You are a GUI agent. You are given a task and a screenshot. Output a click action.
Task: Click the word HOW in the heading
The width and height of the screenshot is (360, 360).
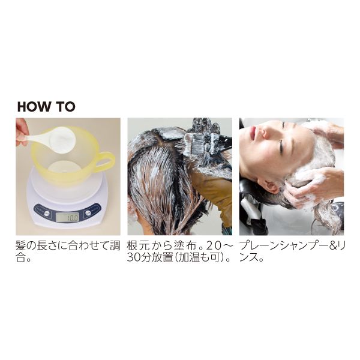coord(35,107)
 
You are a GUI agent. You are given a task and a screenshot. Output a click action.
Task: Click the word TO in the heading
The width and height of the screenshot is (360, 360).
coord(66,107)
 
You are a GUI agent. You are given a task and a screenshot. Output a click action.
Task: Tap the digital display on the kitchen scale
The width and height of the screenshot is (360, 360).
coord(67,217)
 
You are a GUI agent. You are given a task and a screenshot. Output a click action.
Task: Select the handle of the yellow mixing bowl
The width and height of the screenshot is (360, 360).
coord(106,160)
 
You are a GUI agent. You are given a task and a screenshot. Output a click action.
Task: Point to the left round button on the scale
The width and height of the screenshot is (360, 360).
coord(46,213)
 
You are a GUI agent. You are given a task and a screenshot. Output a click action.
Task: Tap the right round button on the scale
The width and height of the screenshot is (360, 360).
coord(88,213)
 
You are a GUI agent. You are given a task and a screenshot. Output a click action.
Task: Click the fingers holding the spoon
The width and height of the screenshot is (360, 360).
coord(21,132)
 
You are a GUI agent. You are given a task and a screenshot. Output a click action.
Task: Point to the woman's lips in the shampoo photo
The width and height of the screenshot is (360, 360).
coord(253,131)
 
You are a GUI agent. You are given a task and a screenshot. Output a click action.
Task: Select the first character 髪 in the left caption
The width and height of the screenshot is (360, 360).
coord(21,245)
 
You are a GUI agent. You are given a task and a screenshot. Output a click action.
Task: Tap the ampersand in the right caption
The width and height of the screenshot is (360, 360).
coord(329,245)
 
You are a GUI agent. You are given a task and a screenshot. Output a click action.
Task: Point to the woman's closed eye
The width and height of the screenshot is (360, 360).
coord(282,145)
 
